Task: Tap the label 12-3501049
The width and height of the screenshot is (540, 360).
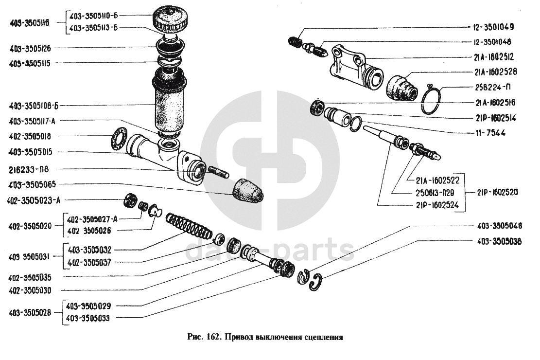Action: pos(493,27)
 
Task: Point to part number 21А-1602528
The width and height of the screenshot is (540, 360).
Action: pos(493,72)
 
